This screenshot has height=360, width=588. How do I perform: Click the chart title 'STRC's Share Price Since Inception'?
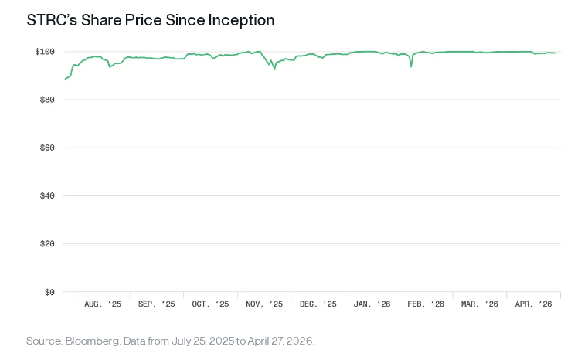[151, 20]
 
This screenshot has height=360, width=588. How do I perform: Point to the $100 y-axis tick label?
[44, 52]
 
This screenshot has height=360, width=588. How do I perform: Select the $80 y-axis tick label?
[46, 100]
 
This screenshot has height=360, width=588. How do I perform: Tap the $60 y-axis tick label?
[46, 148]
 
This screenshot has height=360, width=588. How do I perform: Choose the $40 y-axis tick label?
[46, 195]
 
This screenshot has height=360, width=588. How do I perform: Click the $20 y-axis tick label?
[46, 243]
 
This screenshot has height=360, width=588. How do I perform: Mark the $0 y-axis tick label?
[48, 292]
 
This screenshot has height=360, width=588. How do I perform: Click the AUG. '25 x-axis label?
[103, 304]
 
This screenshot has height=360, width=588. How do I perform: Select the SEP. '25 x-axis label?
[157, 304]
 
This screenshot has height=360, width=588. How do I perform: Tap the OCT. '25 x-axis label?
[211, 304]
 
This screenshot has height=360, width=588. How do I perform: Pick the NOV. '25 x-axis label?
[264, 304]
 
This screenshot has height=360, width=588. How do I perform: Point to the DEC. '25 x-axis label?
[318, 304]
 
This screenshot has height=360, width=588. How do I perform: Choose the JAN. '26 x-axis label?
[372, 304]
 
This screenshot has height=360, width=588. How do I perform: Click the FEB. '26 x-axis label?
[426, 304]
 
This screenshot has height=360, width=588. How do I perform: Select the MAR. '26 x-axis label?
[480, 304]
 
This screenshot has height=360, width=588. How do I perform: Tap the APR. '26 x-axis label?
[534, 304]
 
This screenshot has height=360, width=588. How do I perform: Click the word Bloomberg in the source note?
[89, 341]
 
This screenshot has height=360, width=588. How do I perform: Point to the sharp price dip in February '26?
[411, 66]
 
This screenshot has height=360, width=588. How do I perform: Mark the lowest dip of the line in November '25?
[274, 69]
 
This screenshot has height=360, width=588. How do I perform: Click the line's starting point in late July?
[66, 79]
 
